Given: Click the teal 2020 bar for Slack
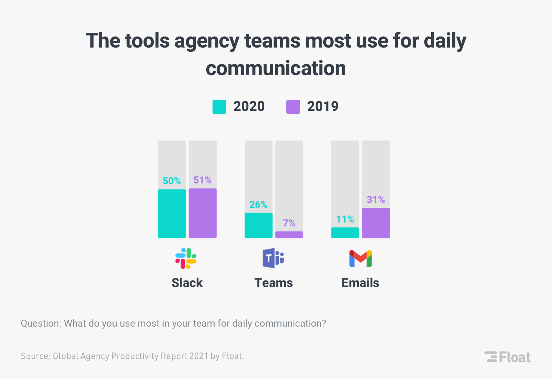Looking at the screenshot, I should (172, 214).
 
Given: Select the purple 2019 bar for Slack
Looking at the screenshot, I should (203, 213).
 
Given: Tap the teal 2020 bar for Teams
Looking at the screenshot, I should (258, 225).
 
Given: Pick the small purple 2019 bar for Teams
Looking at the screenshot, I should (289, 235).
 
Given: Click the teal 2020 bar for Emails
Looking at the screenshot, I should (345, 233).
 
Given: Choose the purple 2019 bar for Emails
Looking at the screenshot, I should (376, 223).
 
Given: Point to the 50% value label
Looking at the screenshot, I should (172, 181).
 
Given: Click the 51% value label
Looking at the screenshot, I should (203, 180).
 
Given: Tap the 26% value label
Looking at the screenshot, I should (258, 205).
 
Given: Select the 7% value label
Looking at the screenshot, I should (289, 223).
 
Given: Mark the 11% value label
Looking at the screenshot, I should (345, 219).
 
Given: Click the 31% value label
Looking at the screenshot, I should (376, 200).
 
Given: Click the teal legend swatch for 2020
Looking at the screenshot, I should (219, 107).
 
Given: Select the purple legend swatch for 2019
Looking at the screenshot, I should (293, 107).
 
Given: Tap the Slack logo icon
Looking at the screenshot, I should (186, 258).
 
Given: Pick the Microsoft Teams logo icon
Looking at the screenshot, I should (273, 258).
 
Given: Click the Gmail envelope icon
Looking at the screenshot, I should (361, 258).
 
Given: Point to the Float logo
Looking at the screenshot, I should (507, 357).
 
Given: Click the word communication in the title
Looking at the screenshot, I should (276, 68).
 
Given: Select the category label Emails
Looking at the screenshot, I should (360, 283).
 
